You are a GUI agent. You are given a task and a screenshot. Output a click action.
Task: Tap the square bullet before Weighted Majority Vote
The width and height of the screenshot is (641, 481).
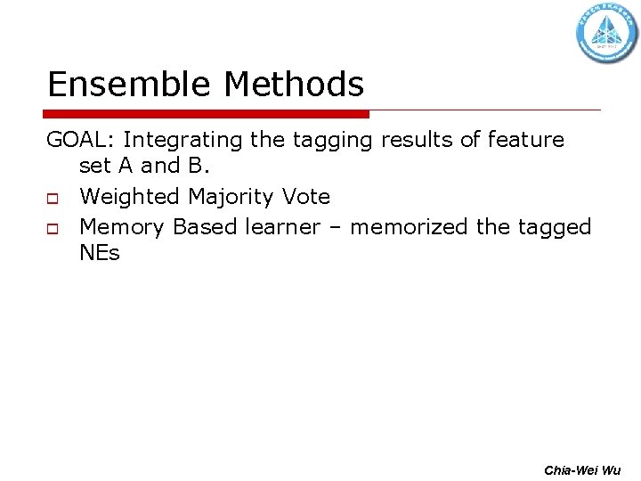pyautogui.click(x=53, y=198)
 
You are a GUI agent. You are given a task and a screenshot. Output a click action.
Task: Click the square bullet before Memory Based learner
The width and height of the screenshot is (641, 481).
pyautogui.click(x=53, y=229)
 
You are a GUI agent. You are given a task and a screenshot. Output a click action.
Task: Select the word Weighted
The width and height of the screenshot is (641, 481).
pyautogui.click(x=129, y=196)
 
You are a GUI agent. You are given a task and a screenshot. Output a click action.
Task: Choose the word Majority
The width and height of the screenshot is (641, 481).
pyautogui.click(x=234, y=197)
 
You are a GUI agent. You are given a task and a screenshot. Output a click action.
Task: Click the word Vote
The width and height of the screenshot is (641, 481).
pyautogui.click(x=308, y=196)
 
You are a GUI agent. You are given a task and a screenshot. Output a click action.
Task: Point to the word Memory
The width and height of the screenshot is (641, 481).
pyautogui.click(x=122, y=227)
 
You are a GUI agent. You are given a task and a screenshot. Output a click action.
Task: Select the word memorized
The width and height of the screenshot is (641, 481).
pyautogui.click(x=408, y=227)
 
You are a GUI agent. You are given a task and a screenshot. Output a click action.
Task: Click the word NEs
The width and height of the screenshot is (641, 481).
pyautogui.click(x=99, y=254)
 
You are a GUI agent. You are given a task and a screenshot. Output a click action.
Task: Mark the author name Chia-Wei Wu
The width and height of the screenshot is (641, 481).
pyautogui.click(x=583, y=469)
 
